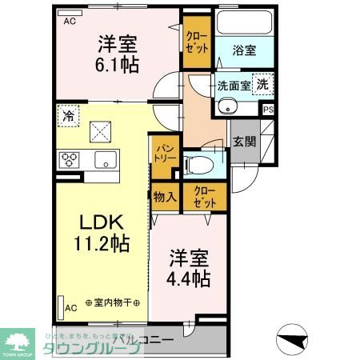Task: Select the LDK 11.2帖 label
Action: click(x=101, y=233)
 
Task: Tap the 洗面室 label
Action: click(x=234, y=82)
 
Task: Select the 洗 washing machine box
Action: click(x=262, y=82)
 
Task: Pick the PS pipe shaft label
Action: click(x=268, y=110)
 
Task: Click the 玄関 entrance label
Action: click(x=244, y=143)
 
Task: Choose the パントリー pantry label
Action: click(x=165, y=153)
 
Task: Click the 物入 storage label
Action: click(x=165, y=196)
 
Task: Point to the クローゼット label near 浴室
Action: click(x=195, y=42)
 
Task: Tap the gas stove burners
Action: click(x=67, y=159)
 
